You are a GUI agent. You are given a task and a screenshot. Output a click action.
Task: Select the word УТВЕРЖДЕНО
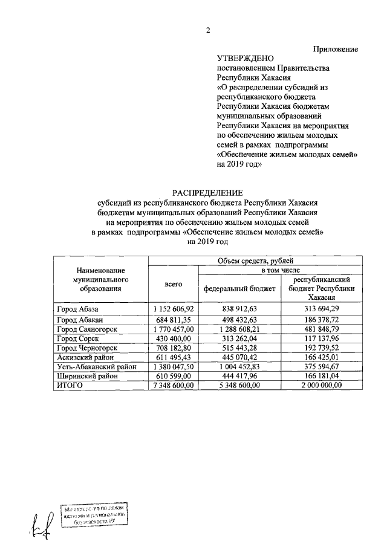pyautogui.click(x=245, y=59)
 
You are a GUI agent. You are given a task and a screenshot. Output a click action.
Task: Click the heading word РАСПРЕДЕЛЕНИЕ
pyautogui.click(x=209, y=192)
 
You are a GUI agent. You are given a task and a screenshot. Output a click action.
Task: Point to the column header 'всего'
pyautogui.click(x=174, y=285)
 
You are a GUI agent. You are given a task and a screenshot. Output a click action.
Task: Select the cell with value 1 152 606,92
pyautogui.click(x=174, y=309)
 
